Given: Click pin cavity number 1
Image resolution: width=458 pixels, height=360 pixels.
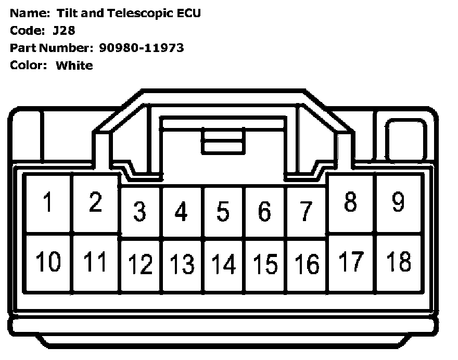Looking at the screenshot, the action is click(48, 203).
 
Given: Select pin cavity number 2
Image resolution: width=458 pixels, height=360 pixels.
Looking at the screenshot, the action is click(95, 203).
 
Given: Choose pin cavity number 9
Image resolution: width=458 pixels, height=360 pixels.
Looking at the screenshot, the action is click(398, 203).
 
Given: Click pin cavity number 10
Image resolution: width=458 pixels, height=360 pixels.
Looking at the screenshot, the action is click(48, 262).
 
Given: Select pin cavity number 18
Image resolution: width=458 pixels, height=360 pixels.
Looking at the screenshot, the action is click(398, 262).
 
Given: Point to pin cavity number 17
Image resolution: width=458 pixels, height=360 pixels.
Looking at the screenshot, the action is click(351, 262).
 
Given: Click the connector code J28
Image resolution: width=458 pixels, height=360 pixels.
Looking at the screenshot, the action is click(64, 30).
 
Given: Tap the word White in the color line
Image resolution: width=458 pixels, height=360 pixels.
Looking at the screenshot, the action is click(74, 66).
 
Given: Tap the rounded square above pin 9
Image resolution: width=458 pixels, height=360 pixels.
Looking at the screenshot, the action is click(405, 136).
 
